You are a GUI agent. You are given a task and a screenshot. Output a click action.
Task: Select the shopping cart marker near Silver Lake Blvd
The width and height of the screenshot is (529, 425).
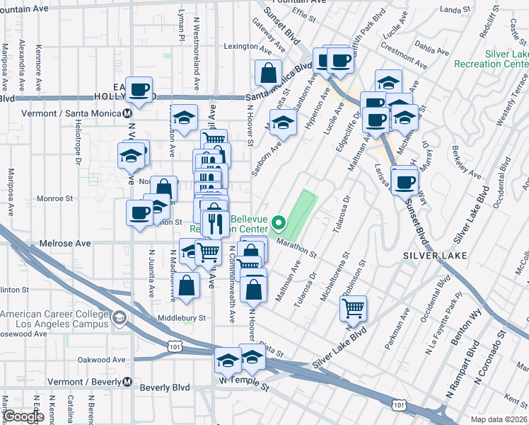click(x=353, y=308)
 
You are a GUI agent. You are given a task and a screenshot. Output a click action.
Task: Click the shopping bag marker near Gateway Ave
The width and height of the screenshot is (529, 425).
click(x=269, y=72)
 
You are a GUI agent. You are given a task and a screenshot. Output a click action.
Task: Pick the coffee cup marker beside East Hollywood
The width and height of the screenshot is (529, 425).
click(x=139, y=90)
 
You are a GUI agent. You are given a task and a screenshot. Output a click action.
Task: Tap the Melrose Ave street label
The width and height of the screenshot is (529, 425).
click(x=69, y=243)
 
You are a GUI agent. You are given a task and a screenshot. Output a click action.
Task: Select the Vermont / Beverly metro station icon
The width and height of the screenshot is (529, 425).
click(x=127, y=381)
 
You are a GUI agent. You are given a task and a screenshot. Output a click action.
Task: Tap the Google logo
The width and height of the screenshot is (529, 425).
click(x=23, y=416)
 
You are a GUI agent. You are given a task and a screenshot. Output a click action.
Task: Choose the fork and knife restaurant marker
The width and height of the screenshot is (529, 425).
click(x=214, y=224)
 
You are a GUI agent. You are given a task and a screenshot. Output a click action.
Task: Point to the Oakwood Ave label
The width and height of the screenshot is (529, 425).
click(x=101, y=360)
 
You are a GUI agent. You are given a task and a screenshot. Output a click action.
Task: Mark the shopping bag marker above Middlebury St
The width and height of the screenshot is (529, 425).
click(x=185, y=286)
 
